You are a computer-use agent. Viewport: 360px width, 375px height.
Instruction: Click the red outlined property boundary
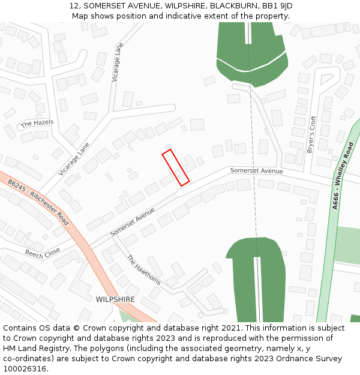click(176, 167)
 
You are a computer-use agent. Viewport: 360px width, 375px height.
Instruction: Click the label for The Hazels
click(37, 123)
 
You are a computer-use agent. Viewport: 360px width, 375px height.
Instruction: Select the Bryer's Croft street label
click(311, 134)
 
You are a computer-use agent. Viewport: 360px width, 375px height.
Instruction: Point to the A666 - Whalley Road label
click(343, 175)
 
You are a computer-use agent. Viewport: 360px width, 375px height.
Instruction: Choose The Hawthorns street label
click(144, 270)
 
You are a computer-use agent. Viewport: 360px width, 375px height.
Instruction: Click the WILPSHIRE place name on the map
click(115, 299)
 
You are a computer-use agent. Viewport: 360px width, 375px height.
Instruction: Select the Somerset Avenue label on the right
click(256, 171)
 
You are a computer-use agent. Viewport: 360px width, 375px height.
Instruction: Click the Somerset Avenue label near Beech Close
click(133, 222)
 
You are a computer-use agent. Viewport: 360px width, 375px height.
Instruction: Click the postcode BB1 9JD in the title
click(278, 5)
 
